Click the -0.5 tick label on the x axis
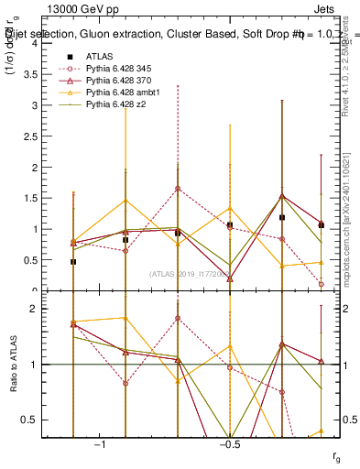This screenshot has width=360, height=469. tap(229, 444)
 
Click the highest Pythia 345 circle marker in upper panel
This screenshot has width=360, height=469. tap(178, 189)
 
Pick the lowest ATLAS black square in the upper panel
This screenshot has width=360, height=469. tap(73, 262)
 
